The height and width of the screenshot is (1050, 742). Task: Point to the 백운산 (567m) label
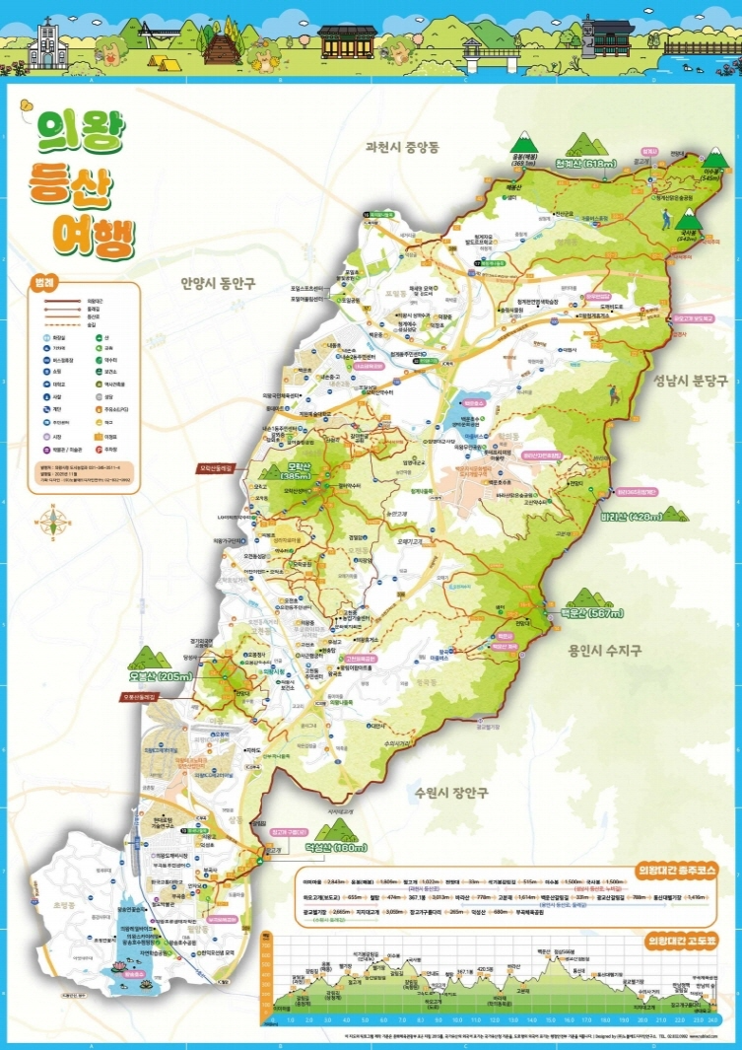[x=592, y=613]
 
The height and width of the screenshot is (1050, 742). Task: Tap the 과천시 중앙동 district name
[x=400, y=147]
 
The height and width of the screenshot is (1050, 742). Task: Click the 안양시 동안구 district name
[x=218, y=283]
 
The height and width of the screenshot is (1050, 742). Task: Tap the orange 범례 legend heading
[x=42, y=279]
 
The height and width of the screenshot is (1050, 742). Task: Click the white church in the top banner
[x=45, y=44]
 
